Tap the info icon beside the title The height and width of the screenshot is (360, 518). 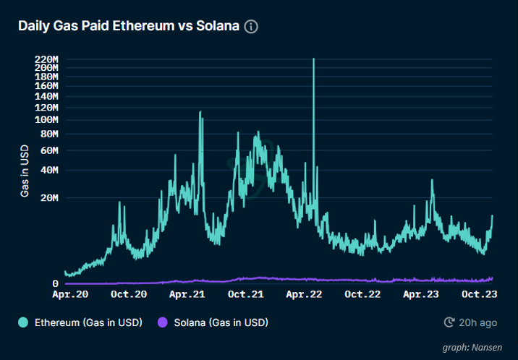251,27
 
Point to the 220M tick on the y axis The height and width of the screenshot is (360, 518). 46,59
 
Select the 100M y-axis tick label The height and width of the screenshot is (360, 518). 46,119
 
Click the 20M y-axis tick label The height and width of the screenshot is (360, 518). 48,197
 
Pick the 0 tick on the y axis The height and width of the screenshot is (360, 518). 55,284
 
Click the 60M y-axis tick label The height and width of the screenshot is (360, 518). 48,150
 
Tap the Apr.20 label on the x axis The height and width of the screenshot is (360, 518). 72,295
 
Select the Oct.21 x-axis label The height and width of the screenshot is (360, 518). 245,295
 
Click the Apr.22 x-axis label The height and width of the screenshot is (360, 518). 304,295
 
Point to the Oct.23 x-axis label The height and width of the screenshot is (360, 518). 478,295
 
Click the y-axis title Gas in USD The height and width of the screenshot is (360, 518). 25,170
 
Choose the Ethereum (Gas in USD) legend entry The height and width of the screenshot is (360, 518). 88,322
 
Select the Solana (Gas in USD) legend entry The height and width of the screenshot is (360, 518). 221,322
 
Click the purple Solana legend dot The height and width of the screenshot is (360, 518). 163,322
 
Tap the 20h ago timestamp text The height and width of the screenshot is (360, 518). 478,322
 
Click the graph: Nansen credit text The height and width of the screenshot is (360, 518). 472,348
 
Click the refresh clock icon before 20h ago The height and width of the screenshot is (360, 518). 449,322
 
